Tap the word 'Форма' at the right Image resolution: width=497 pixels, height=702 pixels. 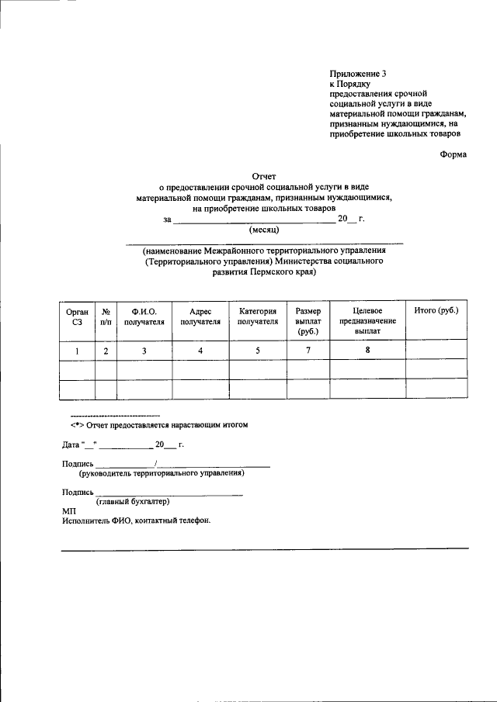click(453, 154)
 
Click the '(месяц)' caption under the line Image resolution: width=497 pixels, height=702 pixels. click(264, 230)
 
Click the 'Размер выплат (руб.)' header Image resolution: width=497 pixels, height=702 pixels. click(308, 320)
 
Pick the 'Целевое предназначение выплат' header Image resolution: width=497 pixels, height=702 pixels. click(367, 320)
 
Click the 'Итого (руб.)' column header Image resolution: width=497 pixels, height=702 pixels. click(436, 310)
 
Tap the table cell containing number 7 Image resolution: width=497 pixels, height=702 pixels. click(308, 351)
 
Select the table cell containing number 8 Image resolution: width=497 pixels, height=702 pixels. click(367, 350)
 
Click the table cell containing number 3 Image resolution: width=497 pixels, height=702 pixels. click(144, 351)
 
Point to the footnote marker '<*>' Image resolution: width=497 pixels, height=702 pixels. click(76, 425)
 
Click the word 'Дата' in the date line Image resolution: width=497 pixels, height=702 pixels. click(71, 445)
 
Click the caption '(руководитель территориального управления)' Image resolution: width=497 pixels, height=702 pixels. click(161, 472)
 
